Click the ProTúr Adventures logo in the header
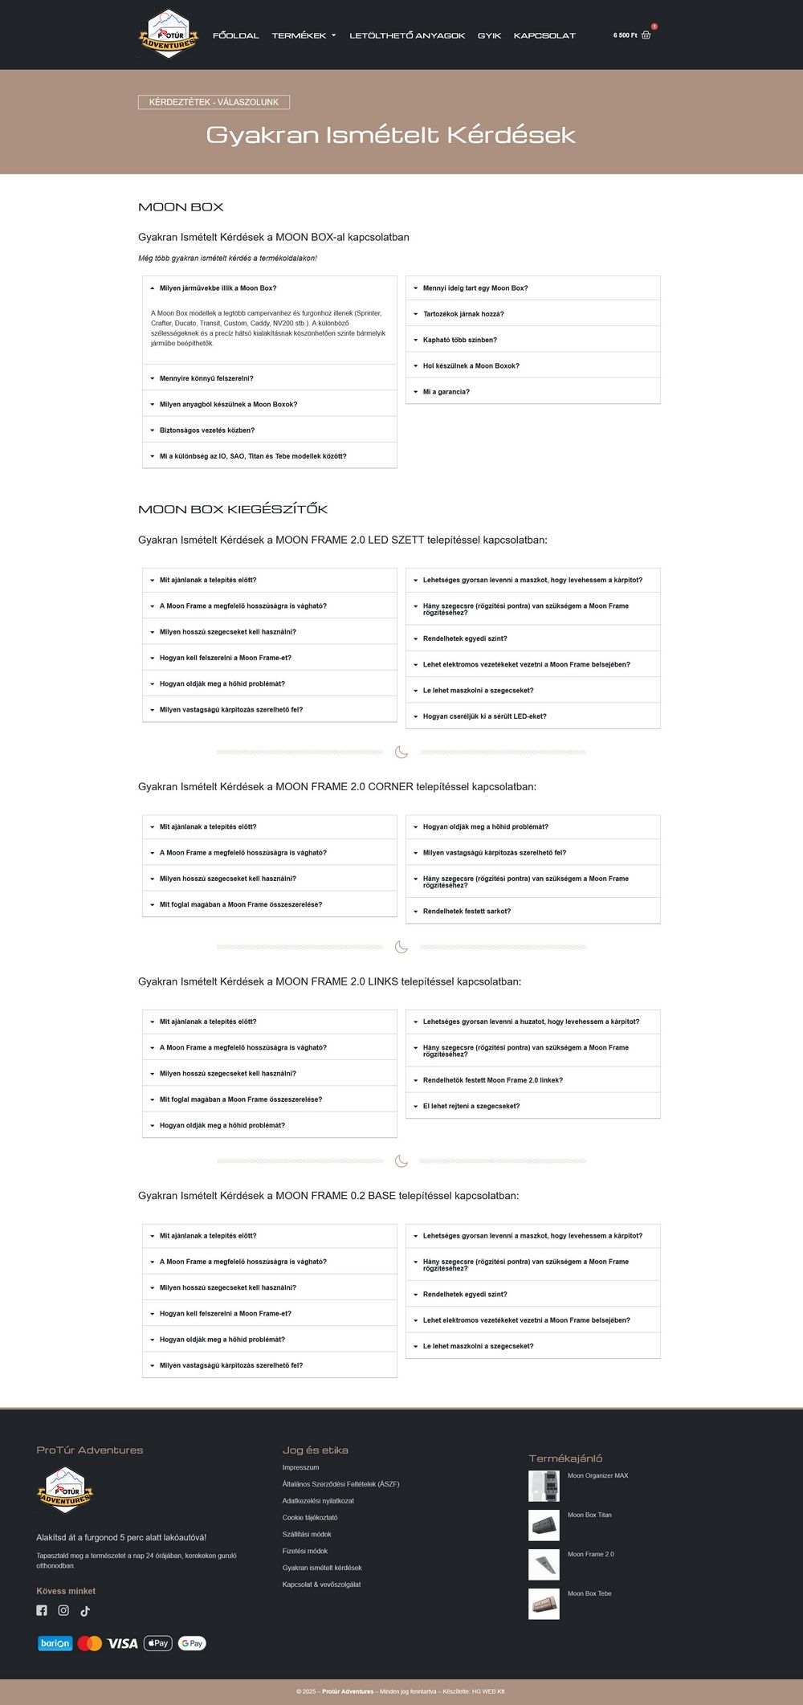click(x=168, y=34)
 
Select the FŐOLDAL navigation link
click(x=236, y=35)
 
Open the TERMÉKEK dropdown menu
click(x=304, y=35)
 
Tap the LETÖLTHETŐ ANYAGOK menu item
click(x=407, y=35)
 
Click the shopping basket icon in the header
click(x=646, y=35)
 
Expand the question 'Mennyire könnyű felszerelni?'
click(x=206, y=378)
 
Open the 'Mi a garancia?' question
click(x=446, y=392)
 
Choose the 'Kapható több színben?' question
click(x=460, y=340)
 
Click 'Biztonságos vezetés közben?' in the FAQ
click(x=207, y=430)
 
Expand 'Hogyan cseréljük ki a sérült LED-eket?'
click(x=485, y=716)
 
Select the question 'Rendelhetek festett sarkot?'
click(x=467, y=912)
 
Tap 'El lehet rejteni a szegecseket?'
click(x=471, y=1106)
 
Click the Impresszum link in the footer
click(x=300, y=1467)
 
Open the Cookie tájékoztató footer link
click(x=310, y=1518)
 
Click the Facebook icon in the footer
click(x=42, y=1610)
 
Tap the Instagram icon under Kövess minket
click(x=63, y=1610)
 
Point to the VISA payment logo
click(x=123, y=1643)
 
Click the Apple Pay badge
click(x=158, y=1643)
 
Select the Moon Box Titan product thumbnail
click(x=544, y=1525)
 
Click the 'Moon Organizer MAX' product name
click(x=597, y=1475)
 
